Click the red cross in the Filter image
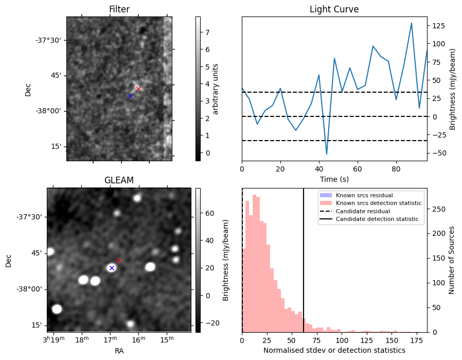pyautogui.click(x=138, y=89)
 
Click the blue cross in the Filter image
pyautogui.click(x=131, y=96)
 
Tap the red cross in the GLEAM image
pyautogui.click(x=119, y=261)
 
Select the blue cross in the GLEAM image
pyautogui.click(x=112, y=268)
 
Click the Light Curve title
pyautogui.click(x=334, y=9)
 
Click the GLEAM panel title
pyautogui.click(x=119, y=180)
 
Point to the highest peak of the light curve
pyautogui.click(x=411, y=23)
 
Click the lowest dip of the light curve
pyautogui.click(x=327, y=154)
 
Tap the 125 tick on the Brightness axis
pyautogui.click(x=438, y=26)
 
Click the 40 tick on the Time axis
pyautogui.click(x=319, y=169)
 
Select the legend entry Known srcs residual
pyautogui.click(x=364, y=195)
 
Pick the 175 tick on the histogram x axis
pyautogui.click(x=417, y=340)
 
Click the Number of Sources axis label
pyautogui.click(x=451, y=261)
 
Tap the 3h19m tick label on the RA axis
pyautogui.click(x=54, y=339)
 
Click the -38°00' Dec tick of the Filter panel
pyautogui.click(x=49, y=111)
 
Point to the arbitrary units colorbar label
pyautogui.click(x=216, y=89)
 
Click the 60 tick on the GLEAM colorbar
pyautogui.click(x=209, y=213)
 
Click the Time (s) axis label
pyautogui.click(x=334, y=179)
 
